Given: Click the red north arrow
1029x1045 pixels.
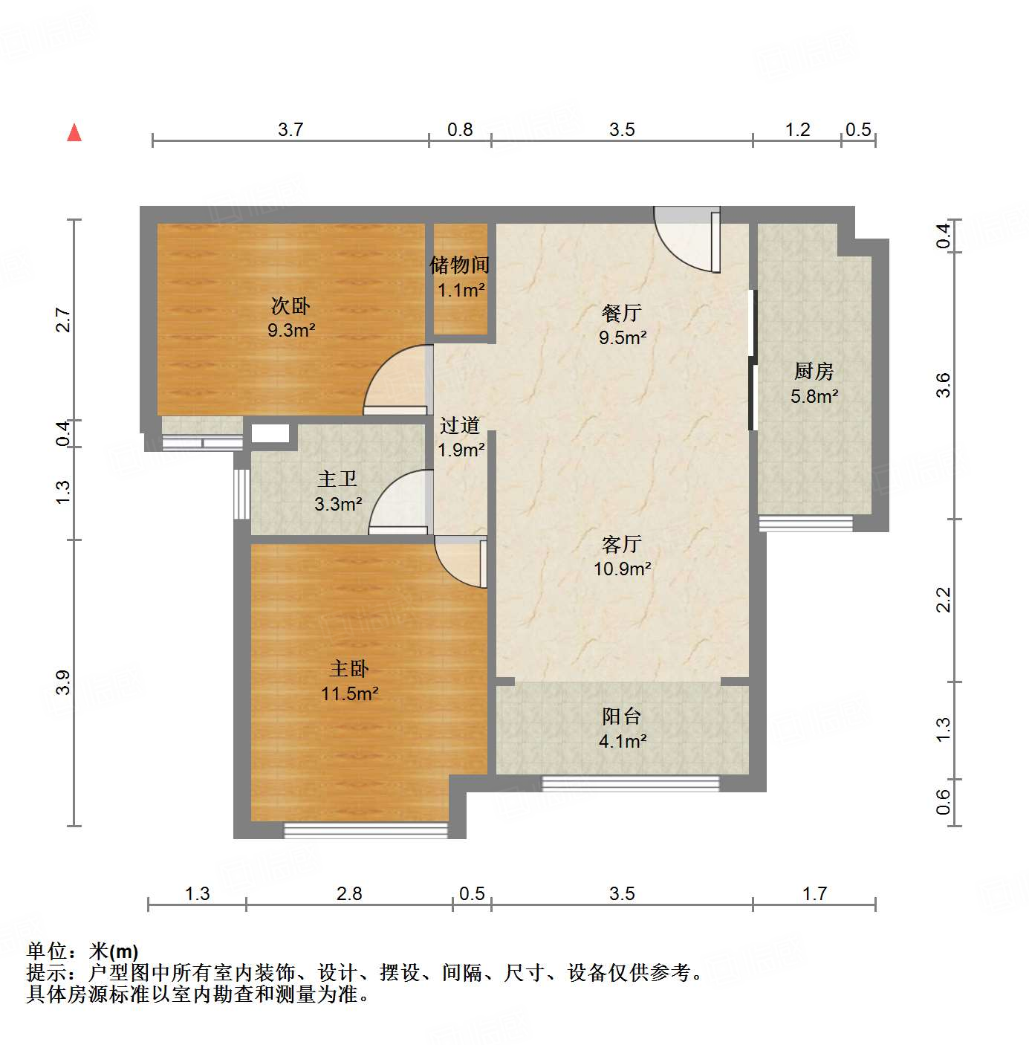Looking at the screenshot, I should point(74,132).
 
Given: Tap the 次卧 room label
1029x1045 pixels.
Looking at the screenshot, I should point(290,305).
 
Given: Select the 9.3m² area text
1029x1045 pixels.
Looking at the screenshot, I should point(291,330).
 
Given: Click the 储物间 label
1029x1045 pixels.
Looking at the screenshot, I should point(460,265).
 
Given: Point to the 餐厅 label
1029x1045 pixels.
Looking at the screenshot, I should point(622,313).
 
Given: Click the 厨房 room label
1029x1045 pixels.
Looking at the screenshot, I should point(814,371).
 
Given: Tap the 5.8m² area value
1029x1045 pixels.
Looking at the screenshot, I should point(814,396).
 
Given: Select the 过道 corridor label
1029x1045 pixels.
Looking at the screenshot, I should point(460,425).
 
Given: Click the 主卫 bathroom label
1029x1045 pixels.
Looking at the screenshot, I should point(337,479).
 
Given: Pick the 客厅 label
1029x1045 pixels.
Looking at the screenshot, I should point(622,545).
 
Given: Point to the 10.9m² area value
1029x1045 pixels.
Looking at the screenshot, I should point(622,569).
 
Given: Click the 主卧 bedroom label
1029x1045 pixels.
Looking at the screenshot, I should point(349,669).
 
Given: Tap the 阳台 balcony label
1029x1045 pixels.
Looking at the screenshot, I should point(622,716).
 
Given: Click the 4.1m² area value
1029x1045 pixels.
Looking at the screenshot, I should point(622,741).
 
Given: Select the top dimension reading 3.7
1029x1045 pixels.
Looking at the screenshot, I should point(290,129).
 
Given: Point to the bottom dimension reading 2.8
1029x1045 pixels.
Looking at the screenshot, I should point(349,893).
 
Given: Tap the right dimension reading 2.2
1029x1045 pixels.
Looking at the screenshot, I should point(943,600).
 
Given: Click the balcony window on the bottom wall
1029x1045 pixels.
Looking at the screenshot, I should point(631,783).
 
